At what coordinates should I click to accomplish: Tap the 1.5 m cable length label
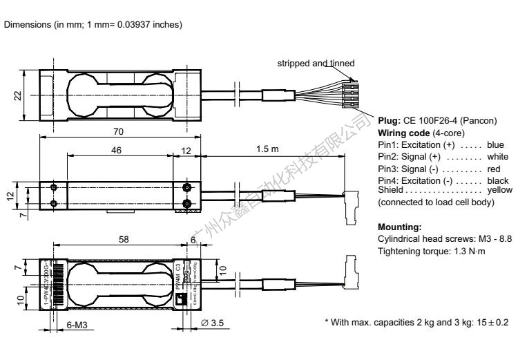(x=271, y=149)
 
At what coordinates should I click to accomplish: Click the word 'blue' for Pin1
(x=495, y=145)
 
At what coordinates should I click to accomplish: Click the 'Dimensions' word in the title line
(x=26, y=26)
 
